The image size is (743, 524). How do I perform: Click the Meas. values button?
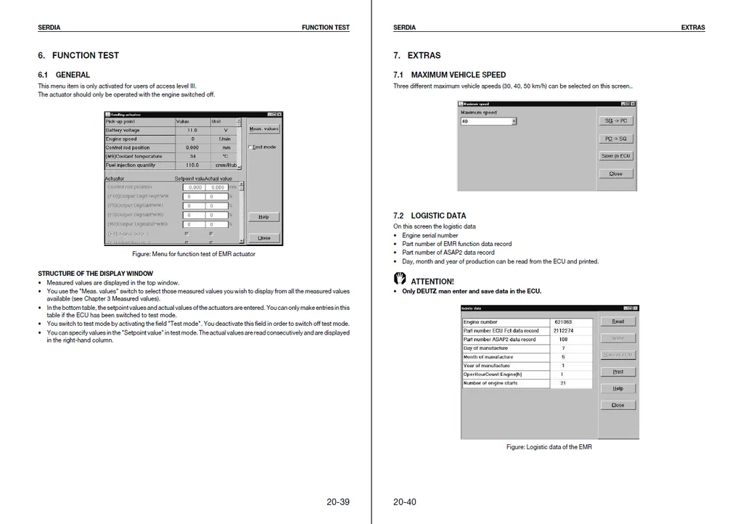[263, 129]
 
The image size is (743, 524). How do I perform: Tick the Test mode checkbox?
[250, 147]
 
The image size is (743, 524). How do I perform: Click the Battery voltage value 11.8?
[192, 131]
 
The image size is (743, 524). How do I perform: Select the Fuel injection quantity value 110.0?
[192, 165]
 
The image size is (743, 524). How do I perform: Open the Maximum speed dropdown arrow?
[514, 121]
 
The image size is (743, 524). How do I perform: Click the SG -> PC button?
[616, 121]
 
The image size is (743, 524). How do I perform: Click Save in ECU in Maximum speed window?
[616, 156]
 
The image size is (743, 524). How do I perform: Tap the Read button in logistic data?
[617, 322]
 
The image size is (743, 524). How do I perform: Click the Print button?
[617, 372]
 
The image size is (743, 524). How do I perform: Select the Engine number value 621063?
[563, 322]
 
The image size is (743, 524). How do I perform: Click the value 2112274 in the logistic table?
[563, 331]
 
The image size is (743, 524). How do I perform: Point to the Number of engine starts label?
[490, 383]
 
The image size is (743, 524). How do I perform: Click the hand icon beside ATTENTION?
[400, 279]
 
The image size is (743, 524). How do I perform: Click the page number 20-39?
[337, 502]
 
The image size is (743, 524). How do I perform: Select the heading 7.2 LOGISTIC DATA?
[430, 216]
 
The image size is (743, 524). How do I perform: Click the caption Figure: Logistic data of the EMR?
[549, 447]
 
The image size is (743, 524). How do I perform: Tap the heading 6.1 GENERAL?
[64, 75]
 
